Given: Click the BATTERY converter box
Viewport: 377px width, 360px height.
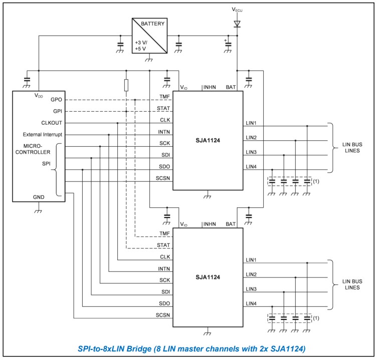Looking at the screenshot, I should (149, 37).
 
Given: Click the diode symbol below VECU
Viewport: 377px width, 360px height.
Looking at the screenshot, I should (237, 23).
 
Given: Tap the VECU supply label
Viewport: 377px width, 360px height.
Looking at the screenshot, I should (237, 9).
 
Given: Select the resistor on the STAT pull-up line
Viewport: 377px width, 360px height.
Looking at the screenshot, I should (126, 85).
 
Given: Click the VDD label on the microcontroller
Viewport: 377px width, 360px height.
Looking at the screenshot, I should (39, 95).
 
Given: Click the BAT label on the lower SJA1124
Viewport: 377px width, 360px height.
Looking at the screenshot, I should (232, 224).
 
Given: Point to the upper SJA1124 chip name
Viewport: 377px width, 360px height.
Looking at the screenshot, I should (208, 141).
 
